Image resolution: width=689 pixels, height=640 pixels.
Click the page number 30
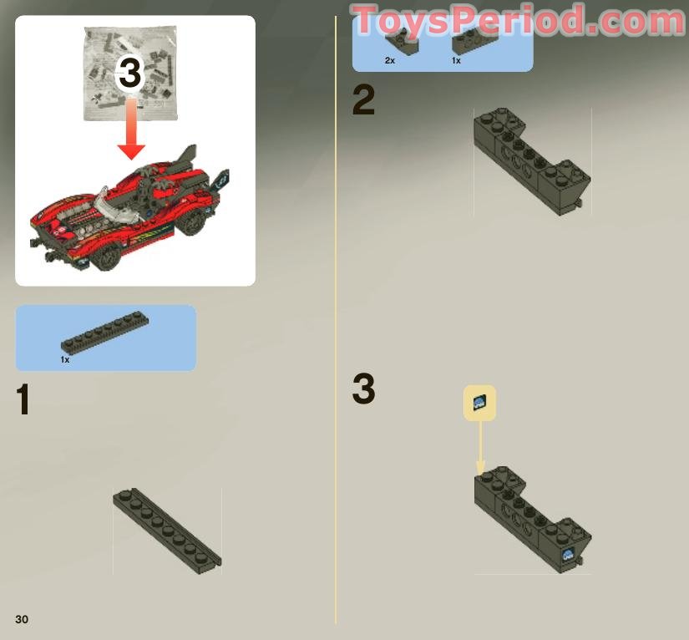[x=22, y=618]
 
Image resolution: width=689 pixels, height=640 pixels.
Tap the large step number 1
[x=23, y=400]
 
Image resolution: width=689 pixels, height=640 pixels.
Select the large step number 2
[x=363, y=101]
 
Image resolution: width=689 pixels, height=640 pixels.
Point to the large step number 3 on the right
[x=363, y=389]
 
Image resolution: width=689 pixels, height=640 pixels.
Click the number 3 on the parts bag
[x=130, y=74]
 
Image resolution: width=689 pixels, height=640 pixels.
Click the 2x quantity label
[x=390, y=61]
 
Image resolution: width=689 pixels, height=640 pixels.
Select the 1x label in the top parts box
[x=456, y=61]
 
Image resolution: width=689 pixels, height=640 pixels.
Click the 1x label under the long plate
[x=65, y=359]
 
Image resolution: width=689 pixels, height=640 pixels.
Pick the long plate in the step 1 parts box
[x=105, y=334]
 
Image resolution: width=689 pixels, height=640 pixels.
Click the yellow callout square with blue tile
[x=479, y=404]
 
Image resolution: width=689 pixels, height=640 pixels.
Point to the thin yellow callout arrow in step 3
[x=480, y=447]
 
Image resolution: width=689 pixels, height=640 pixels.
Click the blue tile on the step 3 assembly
[x=568, y=554]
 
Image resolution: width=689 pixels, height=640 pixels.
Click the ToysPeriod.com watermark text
[x=518, y=20]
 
